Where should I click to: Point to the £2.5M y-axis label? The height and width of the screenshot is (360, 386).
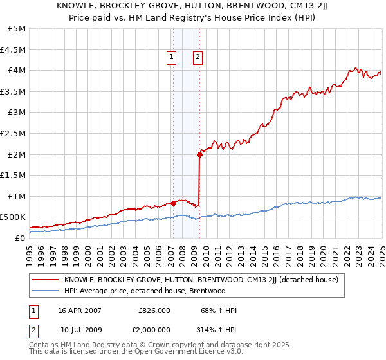[x=14, y=133]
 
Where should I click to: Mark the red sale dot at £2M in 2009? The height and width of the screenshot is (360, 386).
[x=199, y=154]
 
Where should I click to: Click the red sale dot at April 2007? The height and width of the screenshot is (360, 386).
[x=173, y=203]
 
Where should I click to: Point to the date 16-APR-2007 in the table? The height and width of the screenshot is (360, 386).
[x=80, y=310]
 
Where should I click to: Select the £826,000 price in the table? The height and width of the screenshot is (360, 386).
[x=154, y=310]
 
